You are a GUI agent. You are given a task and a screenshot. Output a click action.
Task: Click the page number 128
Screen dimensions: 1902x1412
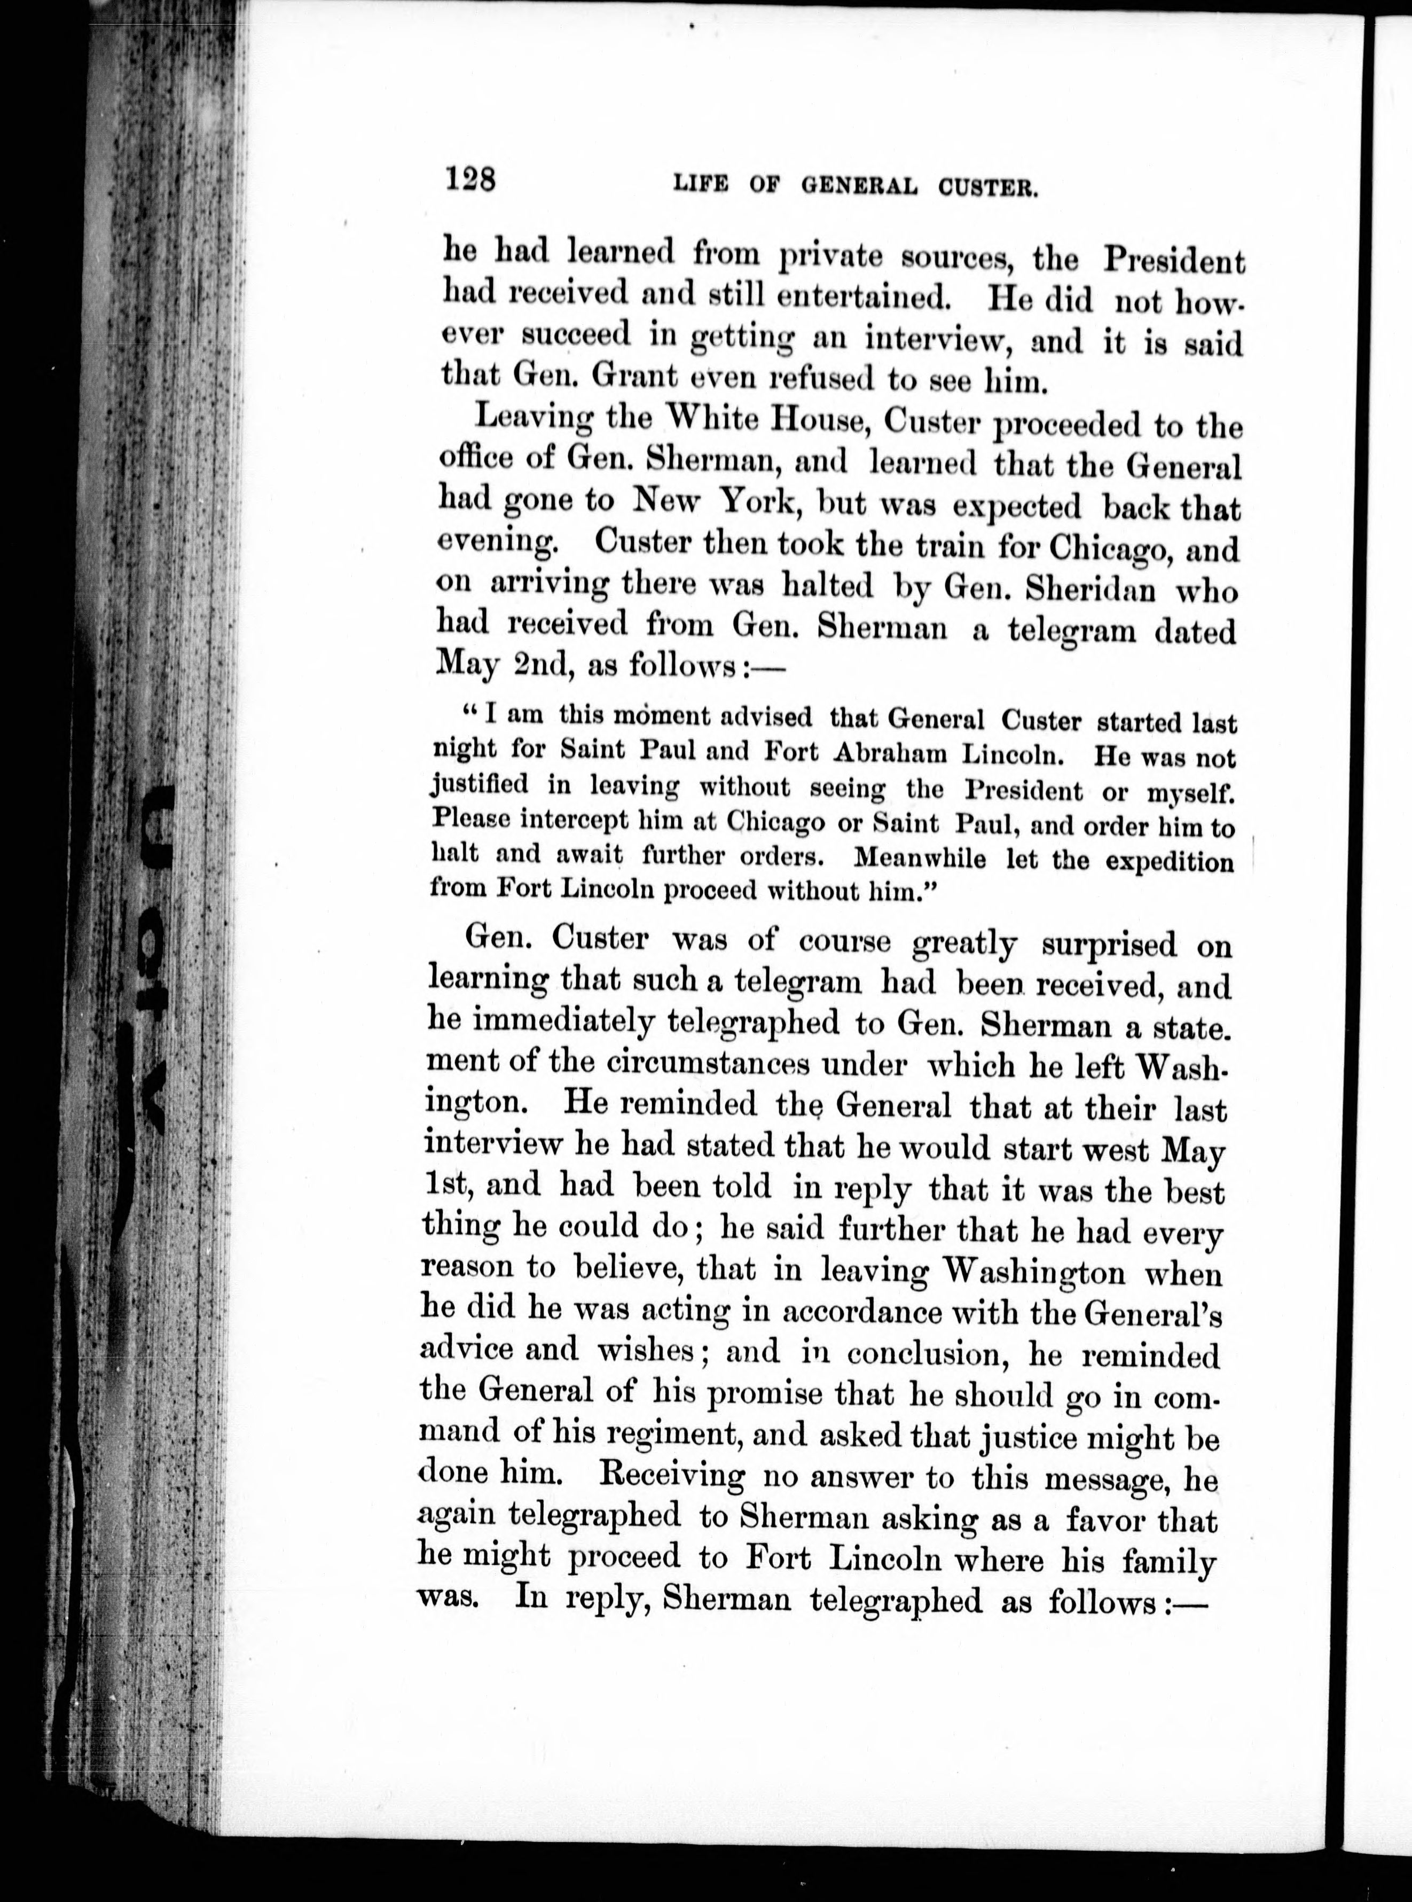click(x=469, y=181)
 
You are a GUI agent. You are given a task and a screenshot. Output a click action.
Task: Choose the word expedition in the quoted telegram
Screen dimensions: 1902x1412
click(x=1169, y=861)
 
